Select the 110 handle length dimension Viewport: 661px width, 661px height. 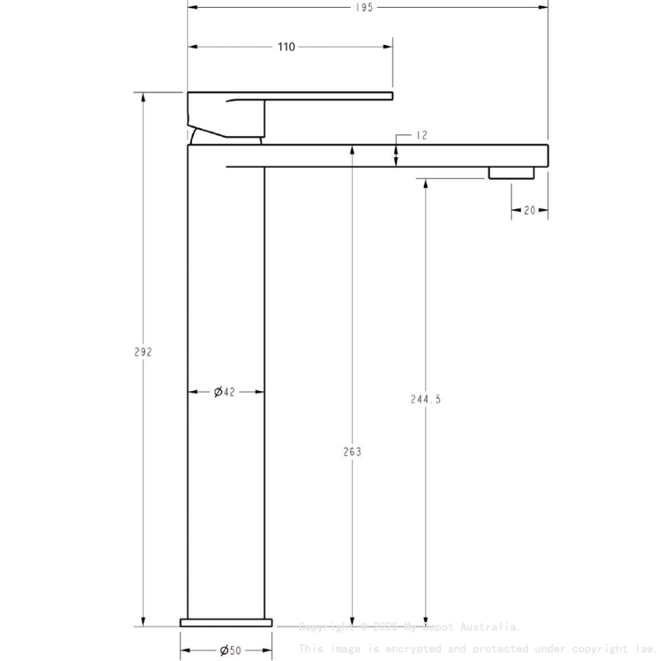click(286, 47)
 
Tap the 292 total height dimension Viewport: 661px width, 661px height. click(142, 351)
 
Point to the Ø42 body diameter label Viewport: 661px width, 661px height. click(225, 392)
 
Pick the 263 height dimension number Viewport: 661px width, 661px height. click(352, 451)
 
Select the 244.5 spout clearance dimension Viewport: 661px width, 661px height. click(425, 399)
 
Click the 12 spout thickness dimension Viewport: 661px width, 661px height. click(421, 135)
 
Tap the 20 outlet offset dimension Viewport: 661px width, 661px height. click(530, 210)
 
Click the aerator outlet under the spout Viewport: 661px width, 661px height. click(512, 173)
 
